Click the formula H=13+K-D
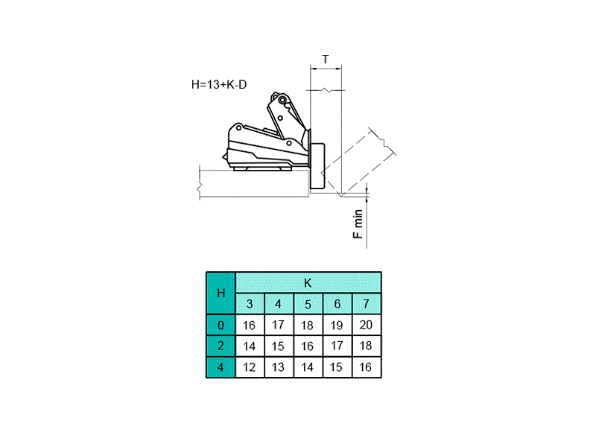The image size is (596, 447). tap(219, 84)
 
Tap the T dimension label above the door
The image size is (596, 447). tap(326, 60)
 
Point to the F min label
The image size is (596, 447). tap(358, 224)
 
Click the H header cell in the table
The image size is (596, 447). tap(221, 293)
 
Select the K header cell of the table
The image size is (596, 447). tap(308, 283)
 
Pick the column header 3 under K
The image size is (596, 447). tap(250, 304)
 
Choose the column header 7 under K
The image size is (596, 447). tap(367, 304)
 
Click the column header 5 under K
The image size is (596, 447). tap(308, 304)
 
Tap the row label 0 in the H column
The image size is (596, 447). tap(221, 325)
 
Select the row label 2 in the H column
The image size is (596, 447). tap(221, 346)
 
